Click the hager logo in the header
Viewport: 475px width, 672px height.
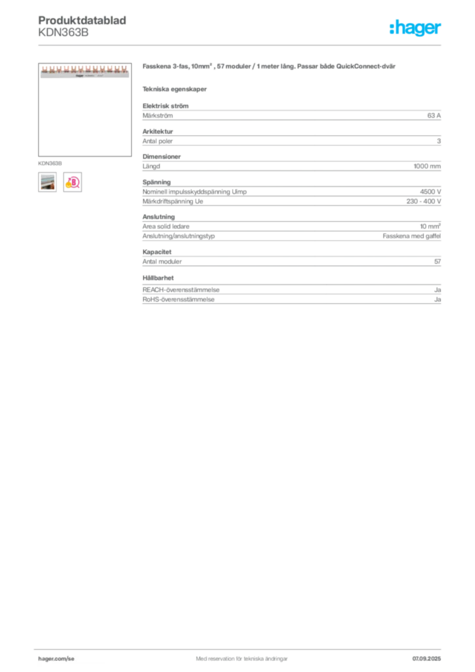(415, 28)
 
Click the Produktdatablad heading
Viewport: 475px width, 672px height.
(82, 20)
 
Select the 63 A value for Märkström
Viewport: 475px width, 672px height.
(434, 115)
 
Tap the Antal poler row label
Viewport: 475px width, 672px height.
(157, 141)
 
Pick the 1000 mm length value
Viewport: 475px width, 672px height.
(427, 166)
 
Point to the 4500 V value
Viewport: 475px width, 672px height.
(430, 192)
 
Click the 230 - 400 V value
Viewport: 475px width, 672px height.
(424, 201)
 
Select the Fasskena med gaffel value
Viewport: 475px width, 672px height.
(411, 236)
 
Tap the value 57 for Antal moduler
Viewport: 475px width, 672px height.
(438, 261)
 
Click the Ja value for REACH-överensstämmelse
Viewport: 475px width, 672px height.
(438, 290)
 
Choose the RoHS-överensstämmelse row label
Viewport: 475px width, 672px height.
(178, 299)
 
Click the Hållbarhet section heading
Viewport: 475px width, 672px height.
(158, 278)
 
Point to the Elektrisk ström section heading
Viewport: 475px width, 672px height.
(165, 106)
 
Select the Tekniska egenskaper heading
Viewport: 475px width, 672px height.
(175, 89)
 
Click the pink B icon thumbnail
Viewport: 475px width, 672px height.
(72, 182)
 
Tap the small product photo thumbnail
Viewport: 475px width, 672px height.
(47, 182)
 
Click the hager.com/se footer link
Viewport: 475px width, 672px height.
(56, 659)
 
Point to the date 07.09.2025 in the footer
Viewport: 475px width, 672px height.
(426, 659)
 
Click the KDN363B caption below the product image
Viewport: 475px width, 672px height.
(50, 163)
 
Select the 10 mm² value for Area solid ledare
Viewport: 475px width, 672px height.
(430, 226)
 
